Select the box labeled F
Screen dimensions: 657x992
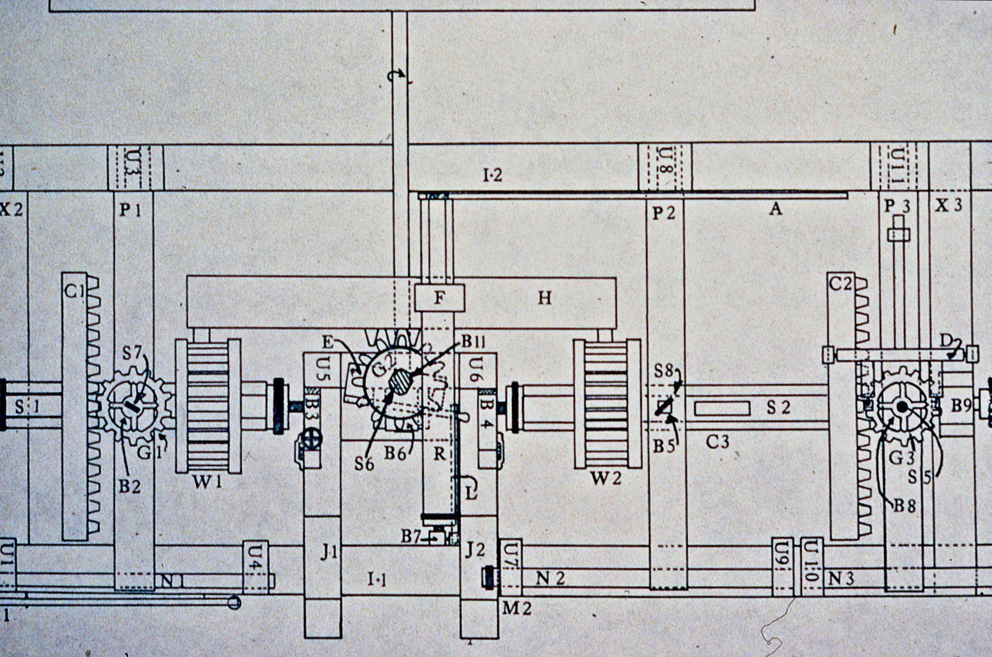pyautogui.click(x=439, y=298)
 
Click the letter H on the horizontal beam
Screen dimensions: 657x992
pyautogui.click(x=544, y=298)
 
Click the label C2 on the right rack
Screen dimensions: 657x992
pyautogui.click(x=840, y=284)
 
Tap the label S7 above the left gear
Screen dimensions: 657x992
pyautogui.click(x=133, y=352)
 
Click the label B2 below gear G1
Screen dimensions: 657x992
pyautogui.click(x=129, y=486)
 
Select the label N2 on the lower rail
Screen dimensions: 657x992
pyautogui.click(x=550, y=578)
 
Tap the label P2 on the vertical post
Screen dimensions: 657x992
pyautogui.click(x=664, y=212)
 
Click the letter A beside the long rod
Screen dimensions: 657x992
pyautogui.click(x=775, y=209)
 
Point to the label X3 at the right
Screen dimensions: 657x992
pyautogui.click(x=949, y=205)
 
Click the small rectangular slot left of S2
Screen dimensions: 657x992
pyautogui.click(x=722, y=408)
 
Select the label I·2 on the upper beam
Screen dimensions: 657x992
pyautogui.click(x=492, y=175)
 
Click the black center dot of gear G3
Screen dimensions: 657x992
pyautogui.click(x=901, y=408)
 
